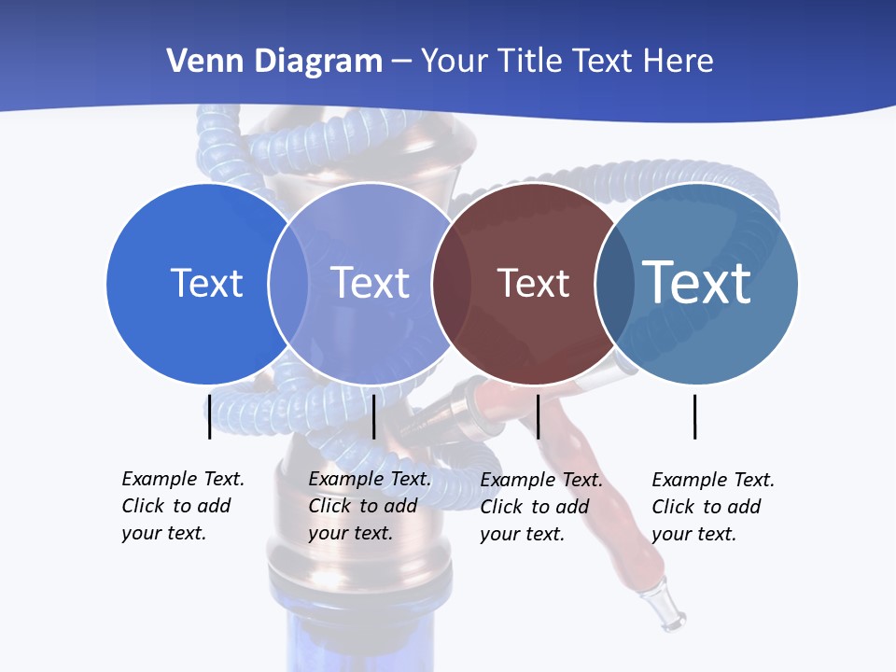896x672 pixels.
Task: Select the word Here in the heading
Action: pos(679,62)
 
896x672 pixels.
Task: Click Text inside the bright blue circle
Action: pos(206,283)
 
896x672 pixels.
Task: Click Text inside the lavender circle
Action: pos(371,283)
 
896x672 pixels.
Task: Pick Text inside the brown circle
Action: pos(533,283)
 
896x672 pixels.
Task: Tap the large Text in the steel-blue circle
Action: pos(696,282)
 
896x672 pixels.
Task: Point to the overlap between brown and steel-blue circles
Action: pos(615,284)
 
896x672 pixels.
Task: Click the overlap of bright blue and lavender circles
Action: pos(288,284)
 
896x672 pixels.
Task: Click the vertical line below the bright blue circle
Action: pos(209,416)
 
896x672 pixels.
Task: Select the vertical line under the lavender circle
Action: pos(373,416)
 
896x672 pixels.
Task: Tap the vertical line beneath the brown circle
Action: pos(538,416)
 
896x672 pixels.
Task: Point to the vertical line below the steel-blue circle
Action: pos(694,416)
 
